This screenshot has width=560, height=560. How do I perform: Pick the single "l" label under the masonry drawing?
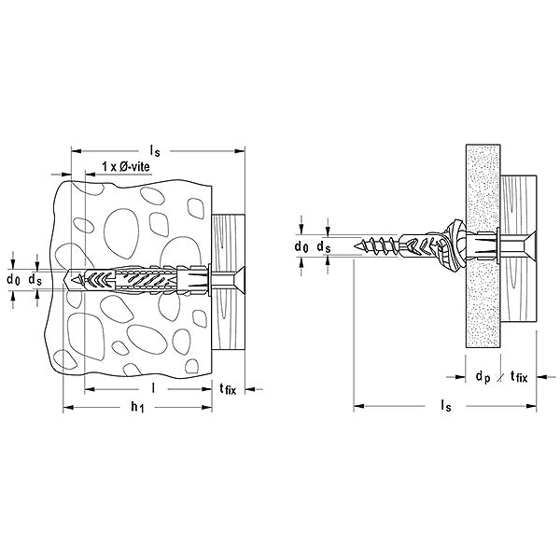(x=150, y=385)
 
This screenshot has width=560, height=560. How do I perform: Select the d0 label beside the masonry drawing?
(x=12, y=279)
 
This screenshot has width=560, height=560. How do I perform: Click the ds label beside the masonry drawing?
(x=34, y=279)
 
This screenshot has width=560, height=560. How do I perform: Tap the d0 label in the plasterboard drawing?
(x=301, y=245)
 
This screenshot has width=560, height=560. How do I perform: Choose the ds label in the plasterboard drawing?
(x=323, y=245)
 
